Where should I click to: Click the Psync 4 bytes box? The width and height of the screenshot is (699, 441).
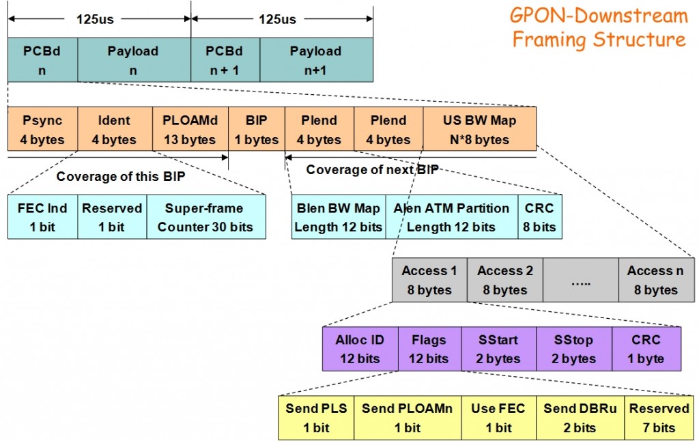tap(42, 130)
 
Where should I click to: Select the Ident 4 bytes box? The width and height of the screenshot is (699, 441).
tap(114, 130)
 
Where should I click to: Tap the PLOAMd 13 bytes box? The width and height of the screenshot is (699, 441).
tap(190, 130)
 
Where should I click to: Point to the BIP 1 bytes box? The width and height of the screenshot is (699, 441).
tap(256, 130)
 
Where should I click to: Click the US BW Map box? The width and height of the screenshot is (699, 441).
tap(479, 130)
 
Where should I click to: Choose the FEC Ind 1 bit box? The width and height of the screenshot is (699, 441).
tap(42, 217)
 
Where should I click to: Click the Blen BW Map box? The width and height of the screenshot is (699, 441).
tap(339, 217)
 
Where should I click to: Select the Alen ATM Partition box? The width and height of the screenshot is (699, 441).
tap(451, 217)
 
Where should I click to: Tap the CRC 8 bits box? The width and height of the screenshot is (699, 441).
tap(539, 217)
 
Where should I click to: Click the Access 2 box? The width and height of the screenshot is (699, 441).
tap(505, 280)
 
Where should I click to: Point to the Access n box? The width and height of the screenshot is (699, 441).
tap(656, 280)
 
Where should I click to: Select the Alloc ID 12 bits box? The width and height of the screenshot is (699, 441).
tap(360, 349)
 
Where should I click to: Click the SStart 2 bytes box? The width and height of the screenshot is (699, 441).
tap(498, 349)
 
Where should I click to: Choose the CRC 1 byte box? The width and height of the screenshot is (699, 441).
tap(646, 349)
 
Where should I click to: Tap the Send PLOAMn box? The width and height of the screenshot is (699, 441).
tap(408, 418)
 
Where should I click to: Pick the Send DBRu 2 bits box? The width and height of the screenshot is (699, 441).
tap(580, 418)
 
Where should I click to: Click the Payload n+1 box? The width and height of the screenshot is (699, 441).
tap(316, 60)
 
